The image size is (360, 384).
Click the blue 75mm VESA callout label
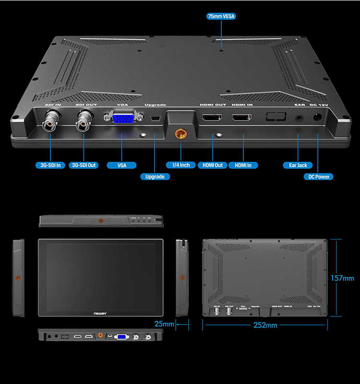tap(221, 16)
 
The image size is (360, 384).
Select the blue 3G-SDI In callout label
tap(50, 165)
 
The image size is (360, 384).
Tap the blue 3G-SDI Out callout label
tap(84, 165)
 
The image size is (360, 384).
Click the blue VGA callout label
tap(122, 165)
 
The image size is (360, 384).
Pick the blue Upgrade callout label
tap(155, 177)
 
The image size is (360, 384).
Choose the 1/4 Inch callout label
tap(181, 165)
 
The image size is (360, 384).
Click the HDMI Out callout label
tap(212, 165)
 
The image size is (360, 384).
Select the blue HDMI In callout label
tap(243, 165)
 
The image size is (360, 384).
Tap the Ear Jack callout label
tap(298, 165)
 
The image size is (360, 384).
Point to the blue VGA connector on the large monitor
tap(122, 118)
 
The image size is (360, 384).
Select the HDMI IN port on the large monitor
tap(242, 118)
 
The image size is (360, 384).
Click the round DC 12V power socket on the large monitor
tap(317, 117)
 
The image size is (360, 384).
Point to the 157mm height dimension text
tap(342, 278)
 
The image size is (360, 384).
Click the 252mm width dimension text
tap(265, 325)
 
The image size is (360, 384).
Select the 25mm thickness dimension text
tap(164, 324)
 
